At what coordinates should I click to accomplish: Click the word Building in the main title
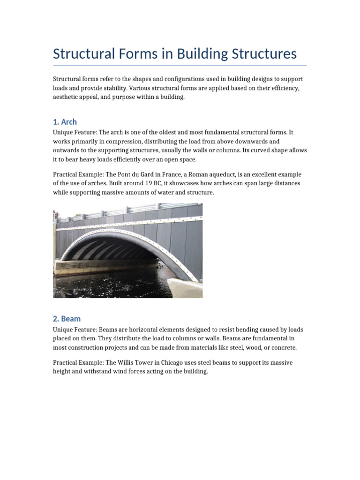pyautogui.click(x=201, y=53)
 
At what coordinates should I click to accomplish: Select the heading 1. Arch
pyautogui.click(x=65, y=122)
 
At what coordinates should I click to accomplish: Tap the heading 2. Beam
pyautogui.click(x=67, y=319)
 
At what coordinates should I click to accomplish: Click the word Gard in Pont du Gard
pyautogui.click(x=144, y=174)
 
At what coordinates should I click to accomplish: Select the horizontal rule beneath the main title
pyautogui.click(x=180, y=66)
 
